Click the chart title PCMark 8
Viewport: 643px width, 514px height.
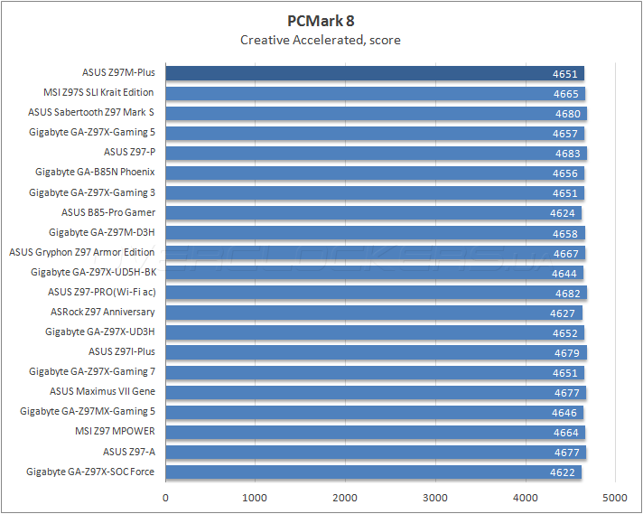[x=321, y=21]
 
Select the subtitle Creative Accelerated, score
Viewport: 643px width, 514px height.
[x=321, y=40]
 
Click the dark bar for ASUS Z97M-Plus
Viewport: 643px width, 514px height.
[x=361, y=73]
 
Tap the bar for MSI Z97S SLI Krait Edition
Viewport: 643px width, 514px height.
[x=361, y=93]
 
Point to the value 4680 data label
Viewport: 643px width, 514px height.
[x=568, y=113]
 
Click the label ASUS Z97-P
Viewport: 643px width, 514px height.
[x=129, y=152]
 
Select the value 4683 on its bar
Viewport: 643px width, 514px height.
[x=568, y=153]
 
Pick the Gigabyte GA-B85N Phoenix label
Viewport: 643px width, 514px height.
[x=95, y=172]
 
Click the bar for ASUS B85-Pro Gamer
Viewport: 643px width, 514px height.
[x=361, y=212]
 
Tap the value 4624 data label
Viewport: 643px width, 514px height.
[x=563, y=212]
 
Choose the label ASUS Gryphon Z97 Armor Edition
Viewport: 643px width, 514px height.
[x=82, y=252]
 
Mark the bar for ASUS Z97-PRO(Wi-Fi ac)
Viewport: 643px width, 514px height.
[x=361, y=292]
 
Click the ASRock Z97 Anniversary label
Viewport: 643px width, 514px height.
[x=103, y=312]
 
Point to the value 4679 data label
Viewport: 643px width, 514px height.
[x=568, y=351]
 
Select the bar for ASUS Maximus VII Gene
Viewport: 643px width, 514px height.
[x=361, y=391]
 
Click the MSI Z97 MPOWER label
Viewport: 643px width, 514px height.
[x=115, y=431]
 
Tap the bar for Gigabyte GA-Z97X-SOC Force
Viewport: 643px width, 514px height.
[x=361, y=471]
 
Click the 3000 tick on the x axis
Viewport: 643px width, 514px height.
[x=435, y=497]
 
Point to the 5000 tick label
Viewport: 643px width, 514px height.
[x=615, y=497]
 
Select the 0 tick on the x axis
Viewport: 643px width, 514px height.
[x=165, y=497]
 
